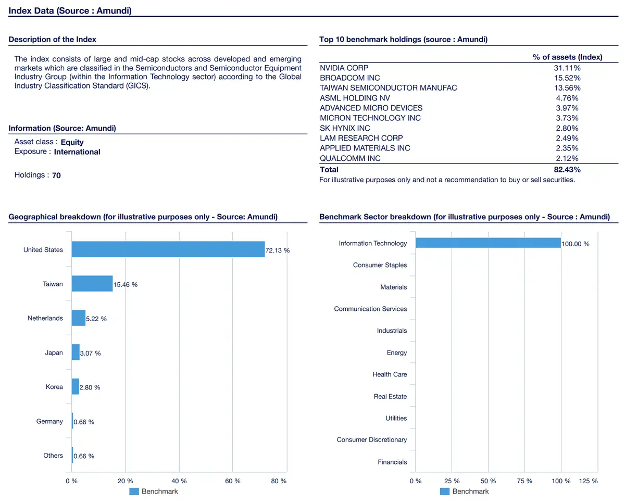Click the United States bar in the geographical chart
(x=168, y=249)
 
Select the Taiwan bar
(x=92, y=283)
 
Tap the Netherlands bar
(x=79, y=318)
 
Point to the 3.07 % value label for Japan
(x=90, y=353)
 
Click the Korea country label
(x=54, y=387)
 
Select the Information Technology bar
(x=488, y=243)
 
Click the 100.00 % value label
(x=576, y=244)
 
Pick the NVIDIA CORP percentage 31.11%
(x=567, y=68)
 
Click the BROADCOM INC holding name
(x=349, y=78)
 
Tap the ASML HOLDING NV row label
(x=355, y=98)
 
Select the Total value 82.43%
(x=567, y=170)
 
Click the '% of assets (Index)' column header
(x=567, y=57)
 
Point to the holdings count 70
(x=56, y=175)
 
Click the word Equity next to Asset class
(x=72, y=142)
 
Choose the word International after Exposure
(x=77, y=152)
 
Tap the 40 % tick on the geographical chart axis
(x=179, y=481)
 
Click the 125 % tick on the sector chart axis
(x=588, y=481)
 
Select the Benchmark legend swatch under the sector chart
(x=445, y=491)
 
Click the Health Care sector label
(x=390, y=374)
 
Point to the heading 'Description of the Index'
(x=52, y=39)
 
